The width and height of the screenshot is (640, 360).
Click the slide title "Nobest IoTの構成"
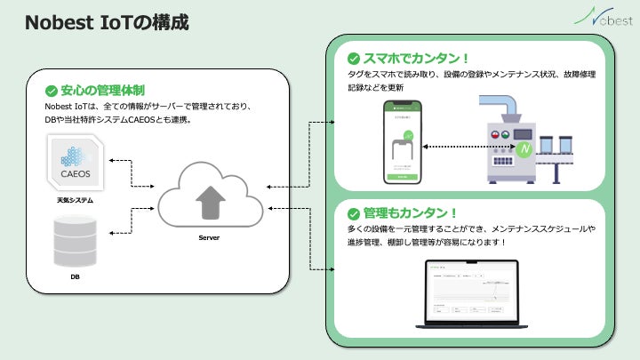tap(107, 22)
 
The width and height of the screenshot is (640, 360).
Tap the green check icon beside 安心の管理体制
tap(51, 91)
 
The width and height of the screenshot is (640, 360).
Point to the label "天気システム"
tap(75, 201)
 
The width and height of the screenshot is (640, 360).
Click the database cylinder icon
tap(75, 239)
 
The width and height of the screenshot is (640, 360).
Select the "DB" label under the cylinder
tap(75, 277)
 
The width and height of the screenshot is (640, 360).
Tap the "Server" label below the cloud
tap(211, 238)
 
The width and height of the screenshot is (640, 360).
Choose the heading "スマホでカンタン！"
tap(411, 59)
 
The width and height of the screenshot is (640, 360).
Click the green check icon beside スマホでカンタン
tap(353, 59)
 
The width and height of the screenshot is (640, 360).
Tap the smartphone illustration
tap(403, 142)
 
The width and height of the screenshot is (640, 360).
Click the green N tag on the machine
tap(526, 147)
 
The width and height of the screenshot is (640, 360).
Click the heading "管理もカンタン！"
tap(410, 213)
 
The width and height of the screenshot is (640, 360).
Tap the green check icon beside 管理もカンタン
tap(353, 213)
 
